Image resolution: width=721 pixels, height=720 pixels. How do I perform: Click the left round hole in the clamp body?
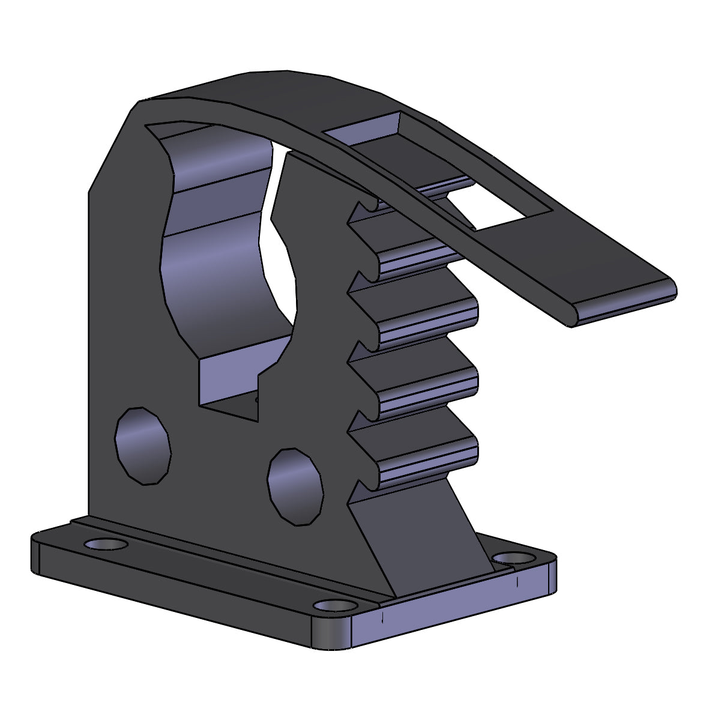[143, 446]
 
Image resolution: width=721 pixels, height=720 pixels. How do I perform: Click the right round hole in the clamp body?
[295, 486]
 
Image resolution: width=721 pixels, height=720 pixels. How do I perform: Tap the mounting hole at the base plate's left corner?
[106, 544]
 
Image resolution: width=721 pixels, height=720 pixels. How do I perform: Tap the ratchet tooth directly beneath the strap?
[414, 240]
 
